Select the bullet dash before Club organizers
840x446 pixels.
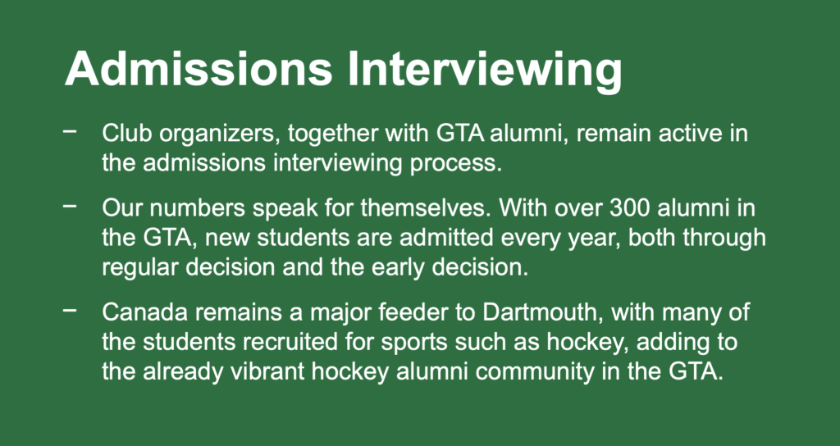coord(70,131)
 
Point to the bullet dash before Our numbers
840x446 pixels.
coord(70,206)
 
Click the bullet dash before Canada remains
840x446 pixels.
coord(70,310)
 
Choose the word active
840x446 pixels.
coord(689,134)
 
